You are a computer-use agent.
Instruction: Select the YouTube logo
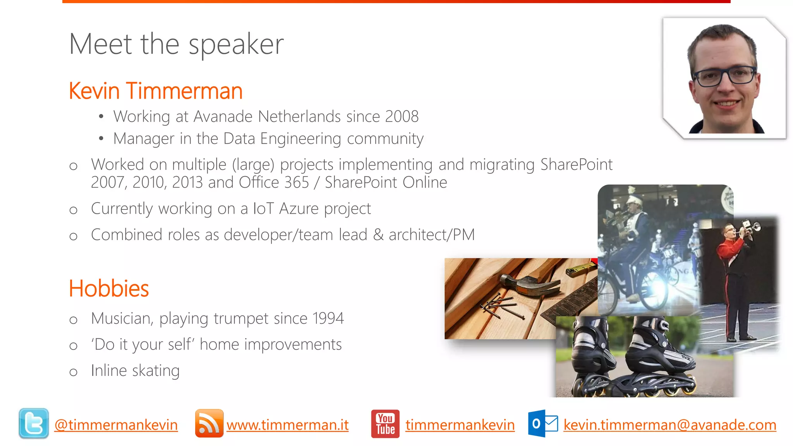pos(385,424)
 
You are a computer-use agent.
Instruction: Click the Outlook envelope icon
pos(543,424)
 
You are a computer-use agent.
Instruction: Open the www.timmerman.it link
pos(287,425)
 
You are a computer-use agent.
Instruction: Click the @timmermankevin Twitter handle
pos(116,425)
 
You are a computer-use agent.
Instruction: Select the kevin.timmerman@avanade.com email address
pos(669,425)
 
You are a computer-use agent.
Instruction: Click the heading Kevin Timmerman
pos(155,91)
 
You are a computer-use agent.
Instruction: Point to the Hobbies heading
pos(109,288)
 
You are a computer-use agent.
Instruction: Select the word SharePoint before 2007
pos(576,165)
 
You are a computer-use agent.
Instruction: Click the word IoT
pos(263,209)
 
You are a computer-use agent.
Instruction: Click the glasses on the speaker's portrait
pos(724,76)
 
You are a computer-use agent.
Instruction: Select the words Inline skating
pos(135,371)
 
